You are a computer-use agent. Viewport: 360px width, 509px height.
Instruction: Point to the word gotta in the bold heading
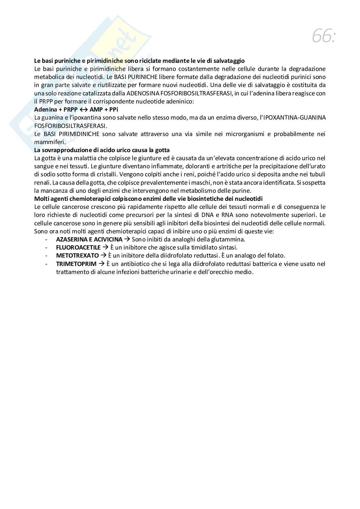tap(163, 150)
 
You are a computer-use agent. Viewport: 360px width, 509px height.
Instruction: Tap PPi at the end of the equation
tap(114, 110)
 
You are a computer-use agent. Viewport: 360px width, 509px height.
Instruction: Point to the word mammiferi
tap(49, 142)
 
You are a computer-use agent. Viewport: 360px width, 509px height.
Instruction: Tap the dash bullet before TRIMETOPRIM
tap(47, 264)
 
